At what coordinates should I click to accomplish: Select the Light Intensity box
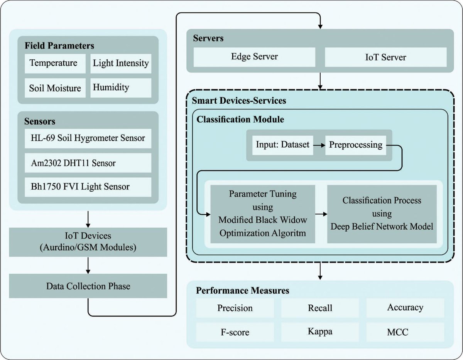(120, 63)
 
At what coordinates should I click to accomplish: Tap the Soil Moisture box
(56, 87)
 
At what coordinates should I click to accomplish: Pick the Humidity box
(120, 87)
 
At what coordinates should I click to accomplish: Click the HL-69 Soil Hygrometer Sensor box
(88, 138)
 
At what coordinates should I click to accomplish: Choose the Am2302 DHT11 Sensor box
(88, 163)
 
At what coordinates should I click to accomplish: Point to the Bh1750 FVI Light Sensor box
(88, 187)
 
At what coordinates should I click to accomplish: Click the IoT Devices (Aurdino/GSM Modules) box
(88, 242)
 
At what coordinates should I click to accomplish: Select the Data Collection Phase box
(88, 286)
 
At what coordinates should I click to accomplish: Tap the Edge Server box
(254, 57)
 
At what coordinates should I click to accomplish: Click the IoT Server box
(386, 57)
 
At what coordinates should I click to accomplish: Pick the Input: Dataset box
(282, 145)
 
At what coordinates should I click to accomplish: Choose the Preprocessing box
(355, 145)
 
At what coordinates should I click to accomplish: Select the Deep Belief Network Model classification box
(382, 214)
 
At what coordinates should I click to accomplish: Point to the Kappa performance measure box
(320, 331)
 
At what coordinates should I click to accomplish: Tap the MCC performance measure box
(405, 331)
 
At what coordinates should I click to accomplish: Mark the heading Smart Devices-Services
(239, 101)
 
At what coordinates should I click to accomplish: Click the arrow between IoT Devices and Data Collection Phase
(88, 265)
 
